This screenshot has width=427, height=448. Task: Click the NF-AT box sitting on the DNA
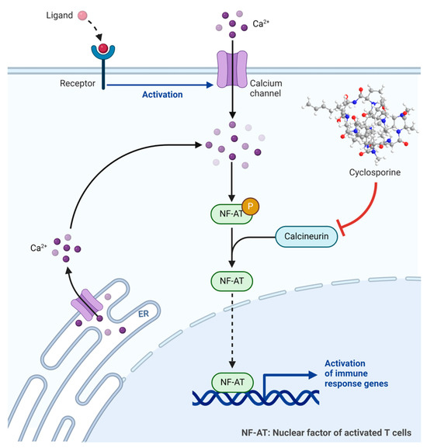pyautogui.click(x=231, y=382)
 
